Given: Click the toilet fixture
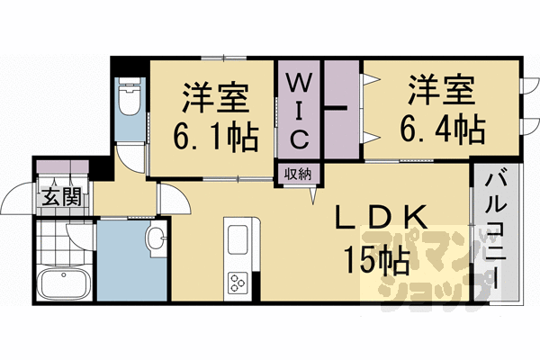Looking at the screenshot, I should tap(130, 100).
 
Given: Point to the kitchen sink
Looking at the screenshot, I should tap(240, 241).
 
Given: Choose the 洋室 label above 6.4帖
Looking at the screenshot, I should tap(441, 90).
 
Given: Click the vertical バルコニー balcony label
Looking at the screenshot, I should tap(493, 233).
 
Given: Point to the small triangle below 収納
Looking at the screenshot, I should tap(315, 194).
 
